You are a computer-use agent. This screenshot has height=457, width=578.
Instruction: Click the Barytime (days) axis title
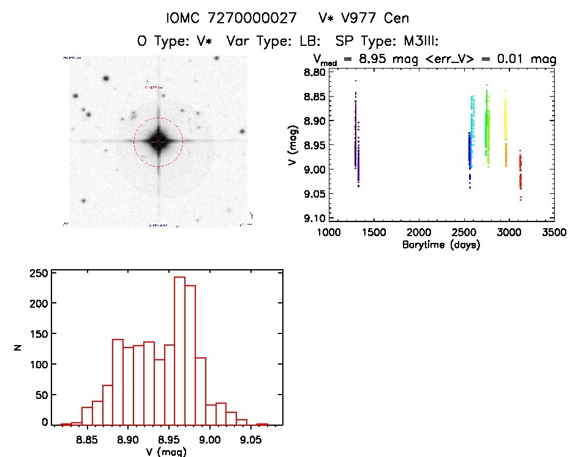coord(441,245)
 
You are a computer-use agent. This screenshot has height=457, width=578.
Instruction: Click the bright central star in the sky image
coord(158,141)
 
